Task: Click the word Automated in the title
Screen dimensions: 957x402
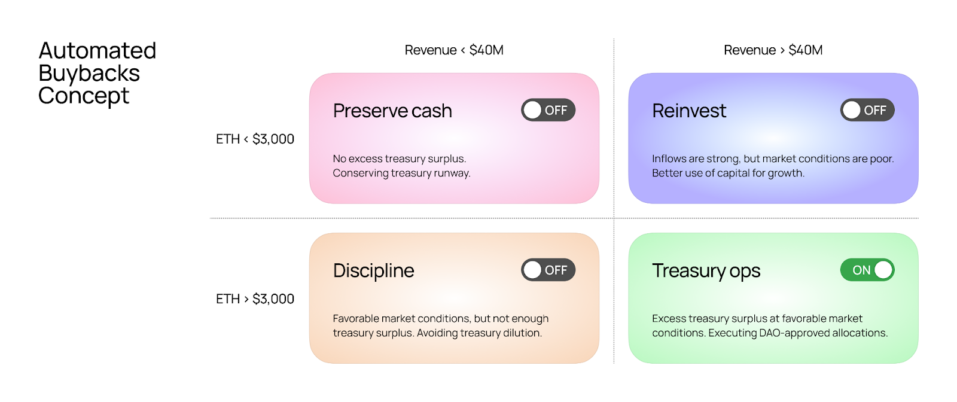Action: (97, 51)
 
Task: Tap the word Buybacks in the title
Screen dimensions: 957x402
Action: (89, 74)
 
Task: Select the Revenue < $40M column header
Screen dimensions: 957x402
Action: (454, 50)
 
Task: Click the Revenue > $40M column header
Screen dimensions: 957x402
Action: (773, 50)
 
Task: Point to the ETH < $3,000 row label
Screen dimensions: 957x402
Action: (255, 139)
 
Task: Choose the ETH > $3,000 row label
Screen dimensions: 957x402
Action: (255, 299)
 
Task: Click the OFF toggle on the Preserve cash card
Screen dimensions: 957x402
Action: (548, 110)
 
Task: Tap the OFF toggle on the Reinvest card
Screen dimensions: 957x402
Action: (867, 110)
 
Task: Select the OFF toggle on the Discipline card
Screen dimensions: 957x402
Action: (548, 270)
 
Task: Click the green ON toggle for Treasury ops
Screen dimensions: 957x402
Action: (867, 270)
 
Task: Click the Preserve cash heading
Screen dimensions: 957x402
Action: (392, 111)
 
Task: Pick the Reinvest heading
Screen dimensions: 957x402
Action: (689, 111)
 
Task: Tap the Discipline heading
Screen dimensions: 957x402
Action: (373, 271)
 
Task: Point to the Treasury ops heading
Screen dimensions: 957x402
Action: (706, 271)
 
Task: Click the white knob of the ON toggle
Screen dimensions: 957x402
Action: (883, 270)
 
